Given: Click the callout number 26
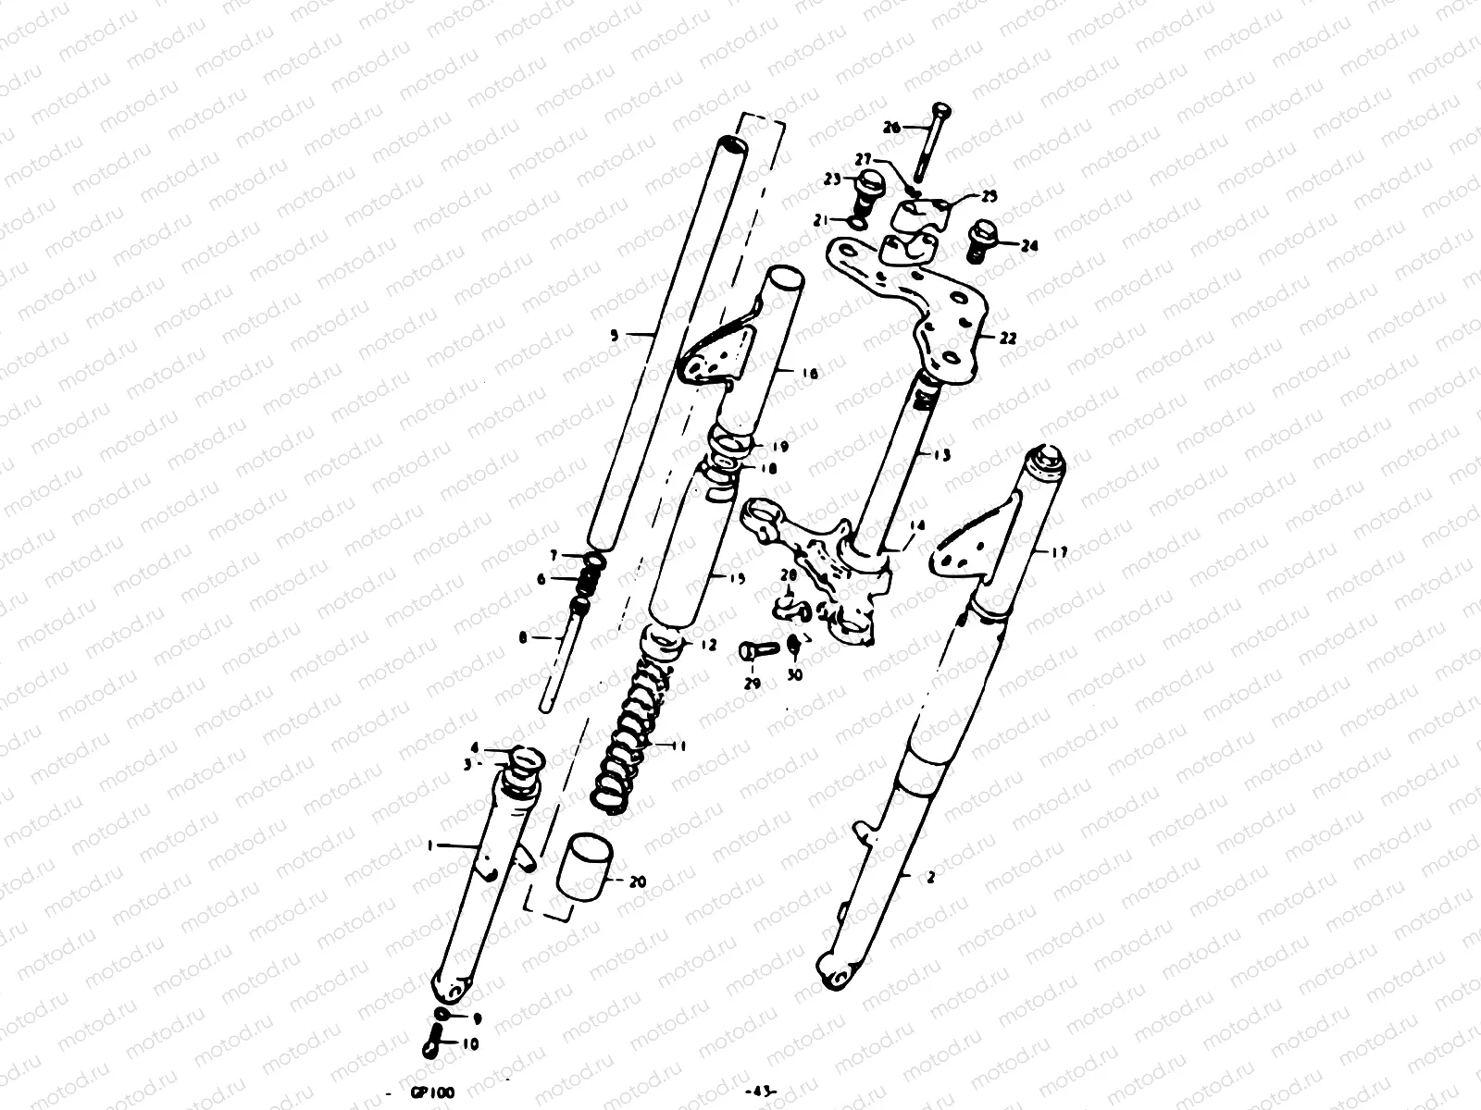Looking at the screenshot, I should [891, 128].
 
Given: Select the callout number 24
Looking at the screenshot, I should [1031, 246].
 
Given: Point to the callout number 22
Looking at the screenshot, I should [1008, 339].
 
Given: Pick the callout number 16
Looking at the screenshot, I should [810, 375].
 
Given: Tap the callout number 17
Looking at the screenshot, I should [1059, 553].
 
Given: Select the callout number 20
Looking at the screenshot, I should [638, 882].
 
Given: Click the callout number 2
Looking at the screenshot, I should [930, 878].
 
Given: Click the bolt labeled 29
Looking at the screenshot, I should [754, 651].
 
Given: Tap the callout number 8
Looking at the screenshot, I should [522, 637].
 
